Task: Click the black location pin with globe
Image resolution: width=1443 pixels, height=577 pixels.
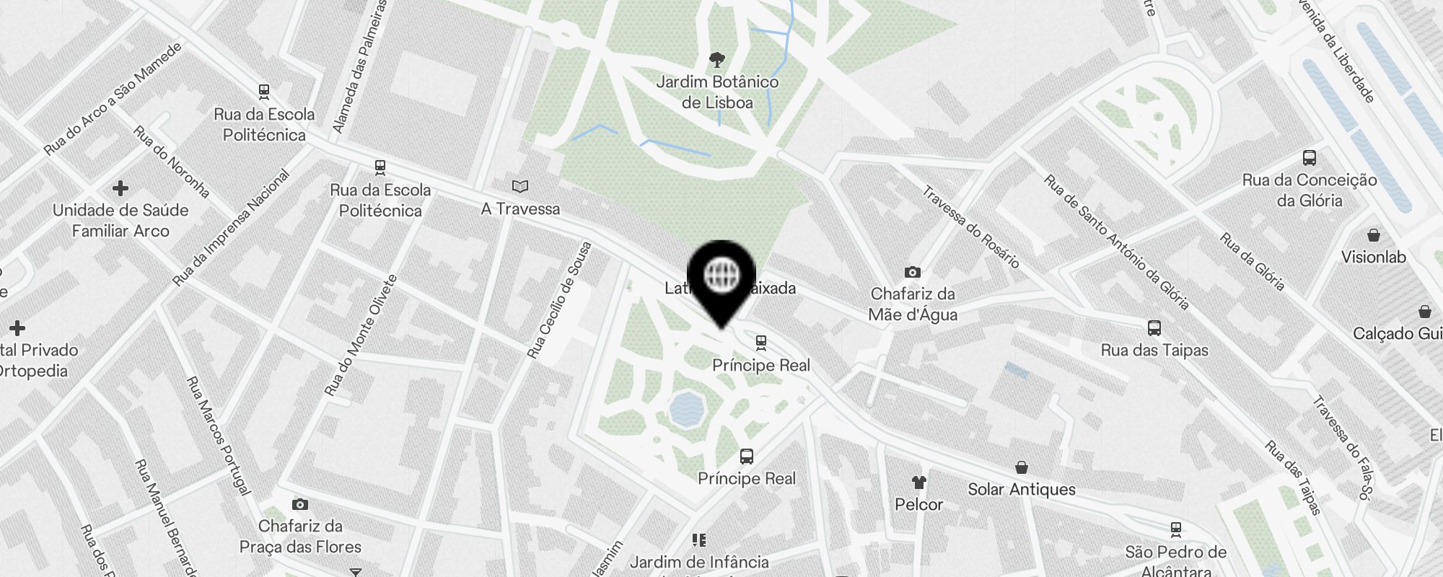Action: (721, 278)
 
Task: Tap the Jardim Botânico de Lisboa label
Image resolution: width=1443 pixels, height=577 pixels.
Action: (717, 92)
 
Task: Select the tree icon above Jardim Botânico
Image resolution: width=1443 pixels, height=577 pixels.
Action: (716, 59)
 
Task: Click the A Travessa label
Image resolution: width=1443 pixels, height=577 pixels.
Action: (520, 209)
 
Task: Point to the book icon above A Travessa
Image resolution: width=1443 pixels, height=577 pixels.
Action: (520, 187)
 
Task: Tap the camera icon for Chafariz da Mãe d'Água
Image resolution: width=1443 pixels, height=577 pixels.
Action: (913, 272)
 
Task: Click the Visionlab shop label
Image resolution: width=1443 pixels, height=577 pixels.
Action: (1373, 257)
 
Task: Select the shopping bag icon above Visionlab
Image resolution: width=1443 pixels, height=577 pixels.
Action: (1374, 235)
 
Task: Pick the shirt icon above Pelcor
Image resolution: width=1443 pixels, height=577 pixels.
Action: (918, 482)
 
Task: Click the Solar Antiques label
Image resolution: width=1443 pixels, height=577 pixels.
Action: (1021, 490)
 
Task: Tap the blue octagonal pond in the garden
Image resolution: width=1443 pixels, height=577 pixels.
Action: (686, 409)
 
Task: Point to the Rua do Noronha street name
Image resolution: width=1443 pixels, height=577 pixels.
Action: (172, 162)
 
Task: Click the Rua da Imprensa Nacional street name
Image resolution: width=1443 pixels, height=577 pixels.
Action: (231, 228)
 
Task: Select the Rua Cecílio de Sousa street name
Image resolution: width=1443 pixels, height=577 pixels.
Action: (559, 300)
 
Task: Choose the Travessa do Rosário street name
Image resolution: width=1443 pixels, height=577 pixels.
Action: (970, 227)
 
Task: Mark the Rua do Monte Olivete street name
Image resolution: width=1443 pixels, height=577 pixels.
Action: (361, 335)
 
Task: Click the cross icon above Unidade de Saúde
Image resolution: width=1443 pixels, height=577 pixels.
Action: (120, 188)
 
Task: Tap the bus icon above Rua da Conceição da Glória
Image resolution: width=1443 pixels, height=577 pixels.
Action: (1310, 158)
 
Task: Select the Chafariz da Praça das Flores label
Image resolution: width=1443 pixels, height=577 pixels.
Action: (300, 537)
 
